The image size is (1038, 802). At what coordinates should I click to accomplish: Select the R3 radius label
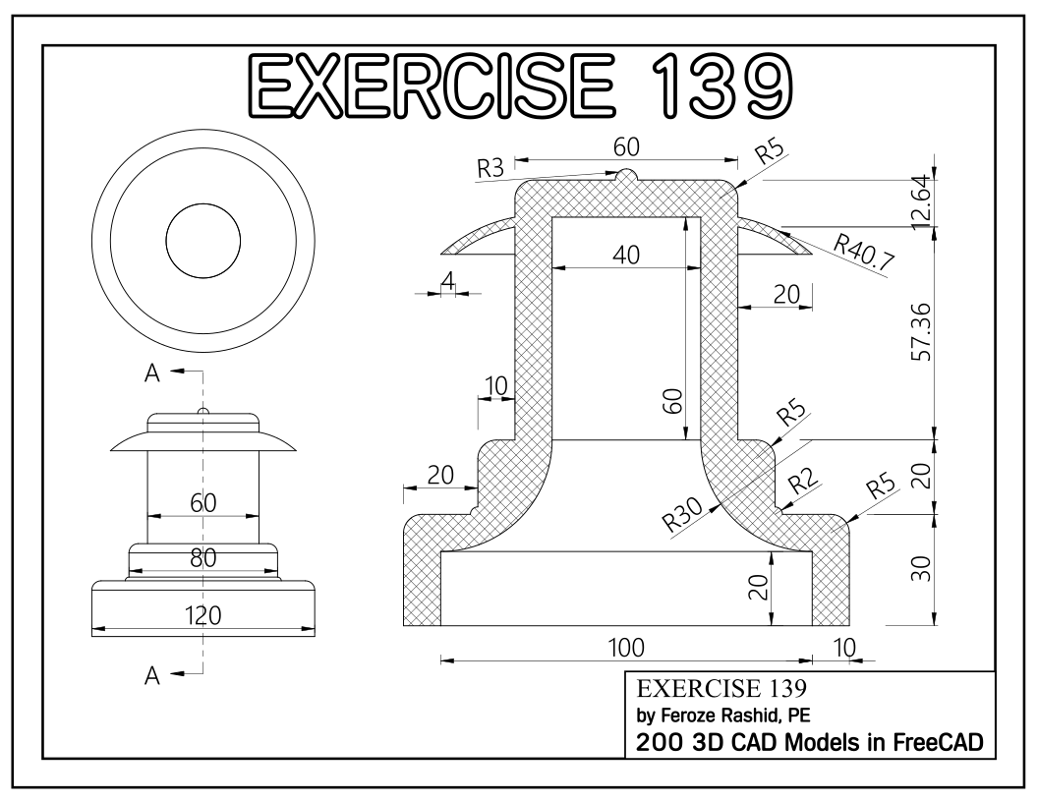(x=490, y=169)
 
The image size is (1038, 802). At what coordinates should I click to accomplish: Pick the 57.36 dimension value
(x=921, y=331)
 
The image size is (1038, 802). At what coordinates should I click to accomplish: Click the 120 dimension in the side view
(x=204, y=615)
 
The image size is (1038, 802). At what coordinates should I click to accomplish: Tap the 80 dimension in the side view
(x=204, y=558)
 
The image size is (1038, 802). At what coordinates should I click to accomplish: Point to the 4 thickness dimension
(x=448, y=282)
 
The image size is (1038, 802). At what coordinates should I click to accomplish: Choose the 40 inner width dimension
(x=626, y=255)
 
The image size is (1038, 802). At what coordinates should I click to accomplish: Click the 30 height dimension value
(x=921, y=569)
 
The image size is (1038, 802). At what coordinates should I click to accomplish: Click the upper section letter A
(x=152, y=372)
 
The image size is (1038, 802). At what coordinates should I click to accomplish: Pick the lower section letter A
(x=152, y=675)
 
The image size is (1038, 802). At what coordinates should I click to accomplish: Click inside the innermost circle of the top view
(x=203, y=241)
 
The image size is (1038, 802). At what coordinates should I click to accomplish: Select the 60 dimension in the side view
(x=203, y=501)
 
